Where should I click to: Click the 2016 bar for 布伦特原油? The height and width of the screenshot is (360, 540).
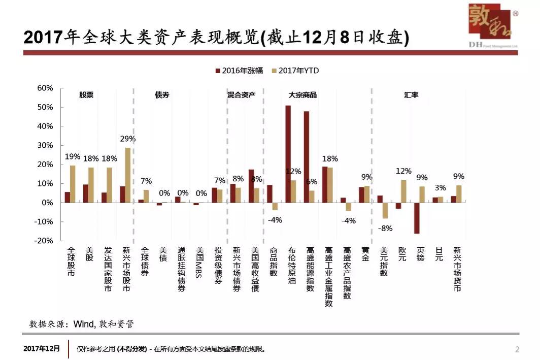[288, 154]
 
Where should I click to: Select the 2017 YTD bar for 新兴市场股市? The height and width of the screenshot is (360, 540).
[128, 175]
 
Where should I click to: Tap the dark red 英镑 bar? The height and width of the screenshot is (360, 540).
[417, 218]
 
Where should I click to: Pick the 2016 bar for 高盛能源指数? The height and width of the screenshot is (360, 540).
[306, 157]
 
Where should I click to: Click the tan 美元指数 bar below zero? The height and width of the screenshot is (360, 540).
[385, 210]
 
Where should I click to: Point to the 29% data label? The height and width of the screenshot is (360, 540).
[128, 139]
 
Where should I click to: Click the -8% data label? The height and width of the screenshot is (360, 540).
[385, 228]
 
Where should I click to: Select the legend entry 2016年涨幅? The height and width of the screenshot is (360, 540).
[239, 71]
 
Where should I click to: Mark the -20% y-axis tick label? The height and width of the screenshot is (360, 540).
[44, 241]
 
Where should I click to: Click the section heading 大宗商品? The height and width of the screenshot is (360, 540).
[302, 95]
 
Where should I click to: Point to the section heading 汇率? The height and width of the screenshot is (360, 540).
[411, 95]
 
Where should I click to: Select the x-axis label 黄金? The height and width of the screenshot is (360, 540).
[366, 254]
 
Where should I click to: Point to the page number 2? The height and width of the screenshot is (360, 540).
[517, 349]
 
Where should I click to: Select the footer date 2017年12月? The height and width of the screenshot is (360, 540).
[42, 349]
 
